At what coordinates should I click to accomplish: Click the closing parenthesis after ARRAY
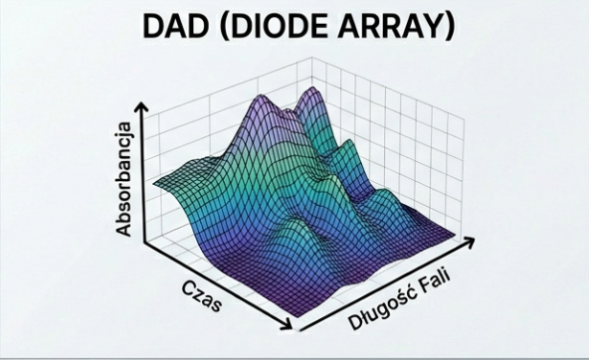click(449, 26)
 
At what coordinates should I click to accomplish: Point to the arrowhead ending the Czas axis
click(290, 325)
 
